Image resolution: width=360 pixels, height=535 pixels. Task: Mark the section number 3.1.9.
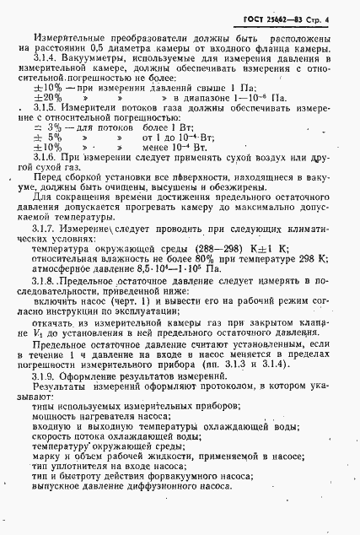pos(46,399)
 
